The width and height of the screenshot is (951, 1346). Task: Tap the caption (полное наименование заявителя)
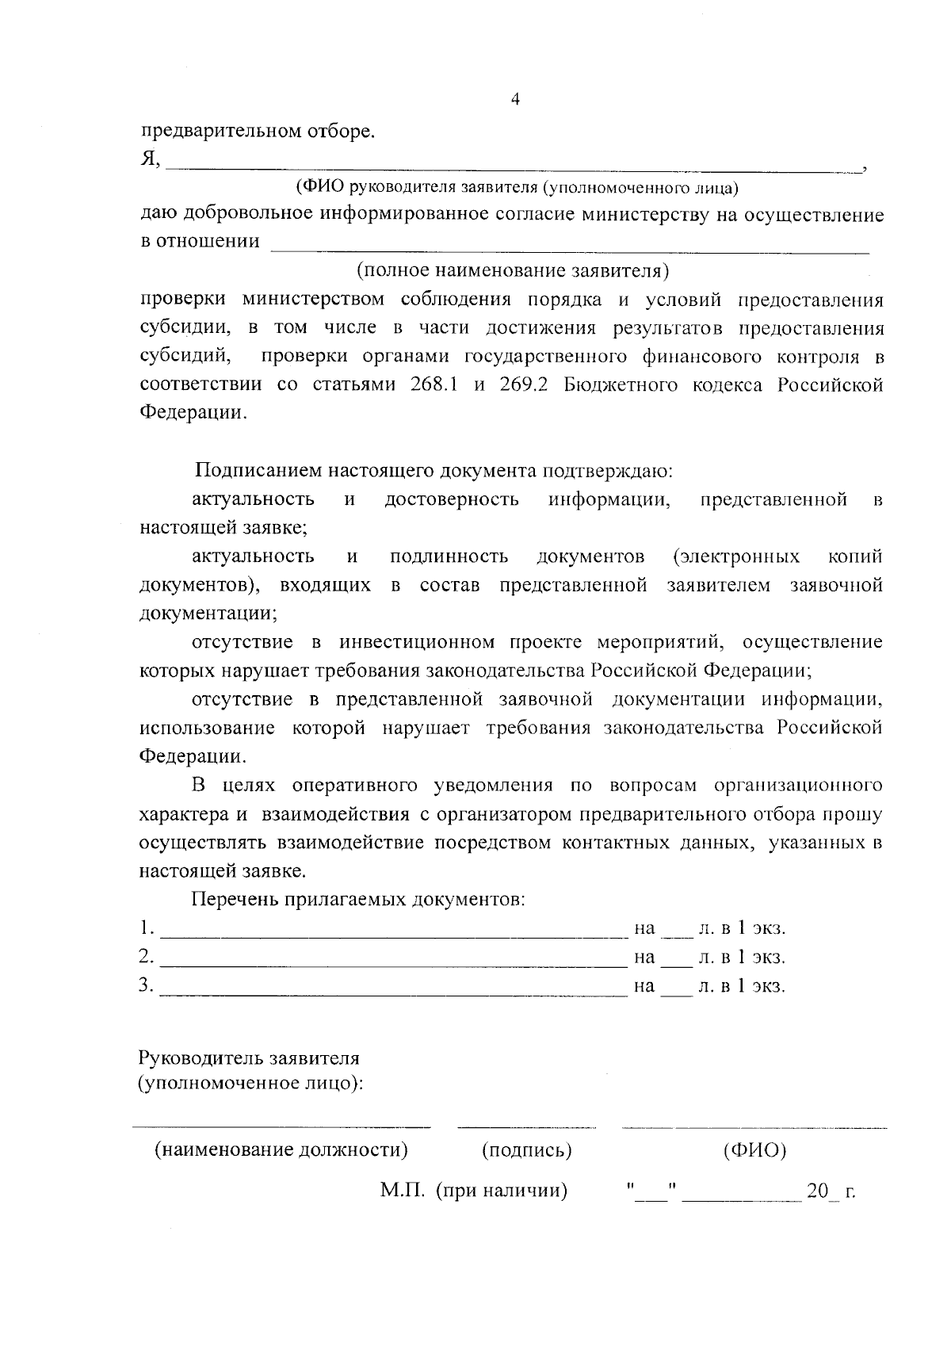[x=513, y=270]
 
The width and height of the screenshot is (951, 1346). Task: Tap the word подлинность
[x=449, y=556]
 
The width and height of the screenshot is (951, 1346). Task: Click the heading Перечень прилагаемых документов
[x=357, y=900]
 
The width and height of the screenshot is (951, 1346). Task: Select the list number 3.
[x=145, y=985]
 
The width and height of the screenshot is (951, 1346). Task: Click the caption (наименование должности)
[x=281, y=1150]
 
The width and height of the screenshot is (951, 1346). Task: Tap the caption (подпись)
[x=526, y=1150]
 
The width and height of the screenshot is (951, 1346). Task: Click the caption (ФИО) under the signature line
[x=754, y=1150]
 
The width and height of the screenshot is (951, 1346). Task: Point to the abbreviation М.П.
[x=403, y=1190]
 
